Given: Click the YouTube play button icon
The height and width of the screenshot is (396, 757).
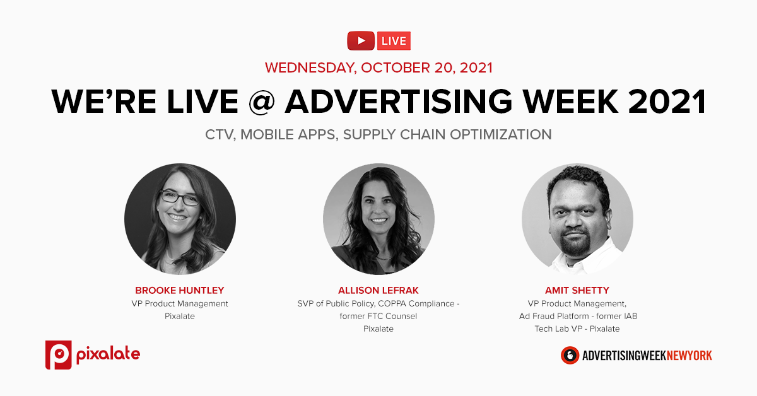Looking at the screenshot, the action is (x=361, y=41).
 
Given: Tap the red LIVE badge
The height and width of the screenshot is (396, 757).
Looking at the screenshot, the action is (x=394, y=41).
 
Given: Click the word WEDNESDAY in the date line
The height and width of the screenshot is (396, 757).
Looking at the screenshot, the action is (x=310, y=68).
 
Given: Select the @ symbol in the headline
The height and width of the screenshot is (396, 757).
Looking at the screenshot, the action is (x=262, y=101).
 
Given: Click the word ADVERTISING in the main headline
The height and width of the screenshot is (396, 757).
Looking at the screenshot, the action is (x=399, y=101).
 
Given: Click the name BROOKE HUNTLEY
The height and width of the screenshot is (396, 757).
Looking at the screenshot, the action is (x=179, y=290).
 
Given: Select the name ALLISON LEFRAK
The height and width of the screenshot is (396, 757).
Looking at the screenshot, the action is (x=378, y=290).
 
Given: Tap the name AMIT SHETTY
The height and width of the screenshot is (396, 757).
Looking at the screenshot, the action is (x=577, y=290).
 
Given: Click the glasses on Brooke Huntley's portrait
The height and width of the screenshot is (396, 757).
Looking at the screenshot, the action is (x=180, y=197).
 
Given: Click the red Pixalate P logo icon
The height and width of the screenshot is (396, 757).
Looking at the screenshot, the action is (x=59, y=355).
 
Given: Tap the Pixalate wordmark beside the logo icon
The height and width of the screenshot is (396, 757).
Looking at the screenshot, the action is (x=108, y=355).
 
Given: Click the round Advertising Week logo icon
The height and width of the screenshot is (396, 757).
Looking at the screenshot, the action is (x=570, y=355).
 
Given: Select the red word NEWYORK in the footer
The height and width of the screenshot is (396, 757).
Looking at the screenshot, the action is (x=689, y=356).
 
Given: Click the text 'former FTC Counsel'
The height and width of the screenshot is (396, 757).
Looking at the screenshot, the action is (x=378, y=317).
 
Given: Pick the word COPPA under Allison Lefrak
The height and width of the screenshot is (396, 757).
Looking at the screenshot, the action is (x=392, y=303).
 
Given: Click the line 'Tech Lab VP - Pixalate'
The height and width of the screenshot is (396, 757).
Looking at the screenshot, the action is (x=577, y=329).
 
